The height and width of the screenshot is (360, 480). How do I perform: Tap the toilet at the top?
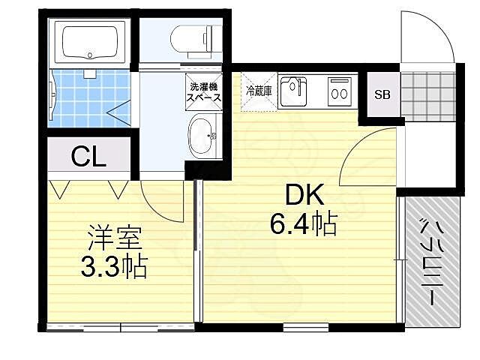tap(197, 37)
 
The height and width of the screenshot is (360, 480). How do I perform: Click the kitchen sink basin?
tap(294, 92)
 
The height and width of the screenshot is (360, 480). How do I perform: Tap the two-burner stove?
tap(339, 92)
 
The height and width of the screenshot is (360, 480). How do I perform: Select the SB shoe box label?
tap(382, 94)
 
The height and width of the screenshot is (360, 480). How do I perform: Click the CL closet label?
tap(88, 157)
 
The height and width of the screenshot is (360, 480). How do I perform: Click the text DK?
tap(303, 196)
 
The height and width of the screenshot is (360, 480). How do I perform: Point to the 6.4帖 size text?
tap(303, 223)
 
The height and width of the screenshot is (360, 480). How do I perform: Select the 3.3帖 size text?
tap(114, 265)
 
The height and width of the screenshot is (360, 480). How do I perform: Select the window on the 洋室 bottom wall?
tap(120, 327)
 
